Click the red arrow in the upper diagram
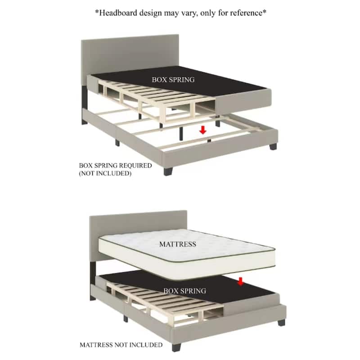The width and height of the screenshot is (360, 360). tap(203, 130)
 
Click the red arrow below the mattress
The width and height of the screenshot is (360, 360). tap(240, 281)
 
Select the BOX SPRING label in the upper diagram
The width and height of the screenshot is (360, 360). tap(173, 80)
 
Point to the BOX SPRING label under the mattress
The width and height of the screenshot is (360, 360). tap(184, 291)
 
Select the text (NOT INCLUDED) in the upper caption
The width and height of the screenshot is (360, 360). tap(105, 173)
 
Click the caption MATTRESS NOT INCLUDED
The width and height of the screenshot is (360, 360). tap(121, 345)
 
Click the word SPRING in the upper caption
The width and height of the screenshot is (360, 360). tap(105, 166)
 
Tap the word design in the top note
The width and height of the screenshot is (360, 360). tap(151, 13)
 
